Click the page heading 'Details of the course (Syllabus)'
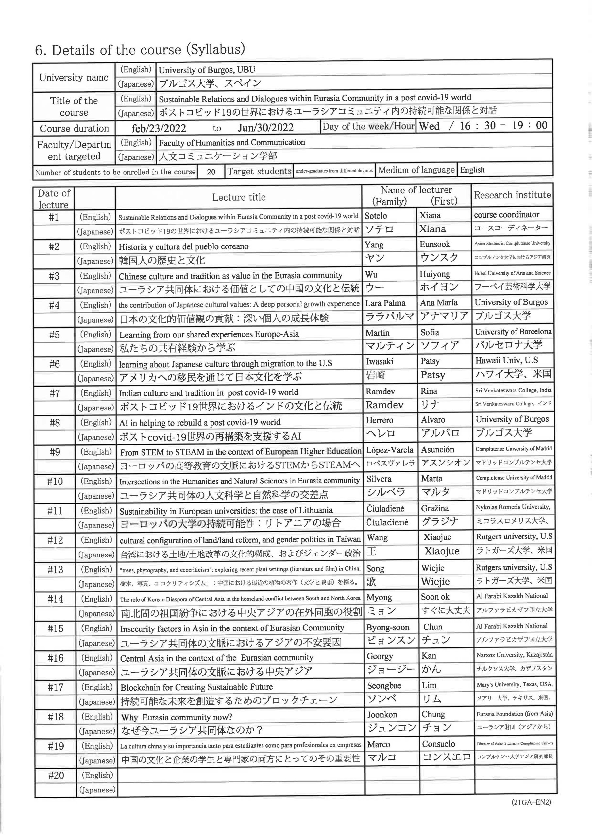coord(140,50)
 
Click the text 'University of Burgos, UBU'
coord(207,70)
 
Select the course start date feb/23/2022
coord(159,128)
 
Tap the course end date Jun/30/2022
coord(266,127)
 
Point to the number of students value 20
coord(211,172)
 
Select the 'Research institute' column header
coord(512,195)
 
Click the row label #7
coord(54,393)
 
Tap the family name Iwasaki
coord(380,361)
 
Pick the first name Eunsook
coord(435,244)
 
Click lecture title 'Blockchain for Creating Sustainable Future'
coord(196,687)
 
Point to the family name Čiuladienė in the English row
coord(385,508)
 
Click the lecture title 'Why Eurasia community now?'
coord(177,717)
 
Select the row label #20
coord(56,775)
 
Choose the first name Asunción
coord(437,450)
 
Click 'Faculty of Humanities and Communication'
coord(232,142)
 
